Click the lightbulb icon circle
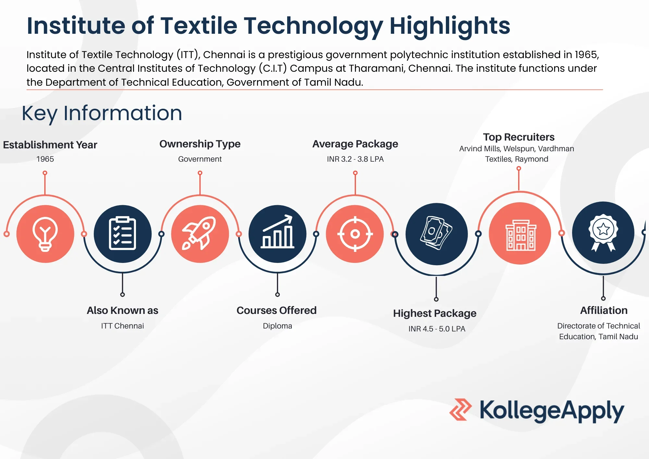45,234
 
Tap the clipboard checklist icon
122,234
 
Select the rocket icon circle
200,234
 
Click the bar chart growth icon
277,234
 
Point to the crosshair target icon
355,234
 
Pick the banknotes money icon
436,234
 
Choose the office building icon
520,234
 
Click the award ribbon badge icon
603,232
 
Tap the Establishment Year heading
50,145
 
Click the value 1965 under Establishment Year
45,159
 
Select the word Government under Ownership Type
200,159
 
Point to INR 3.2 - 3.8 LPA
355,159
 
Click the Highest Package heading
435,313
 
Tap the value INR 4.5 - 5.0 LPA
436,329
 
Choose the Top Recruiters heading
519,137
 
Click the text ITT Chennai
122,326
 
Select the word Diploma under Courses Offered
277,326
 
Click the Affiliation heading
604,310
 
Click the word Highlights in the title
450,26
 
